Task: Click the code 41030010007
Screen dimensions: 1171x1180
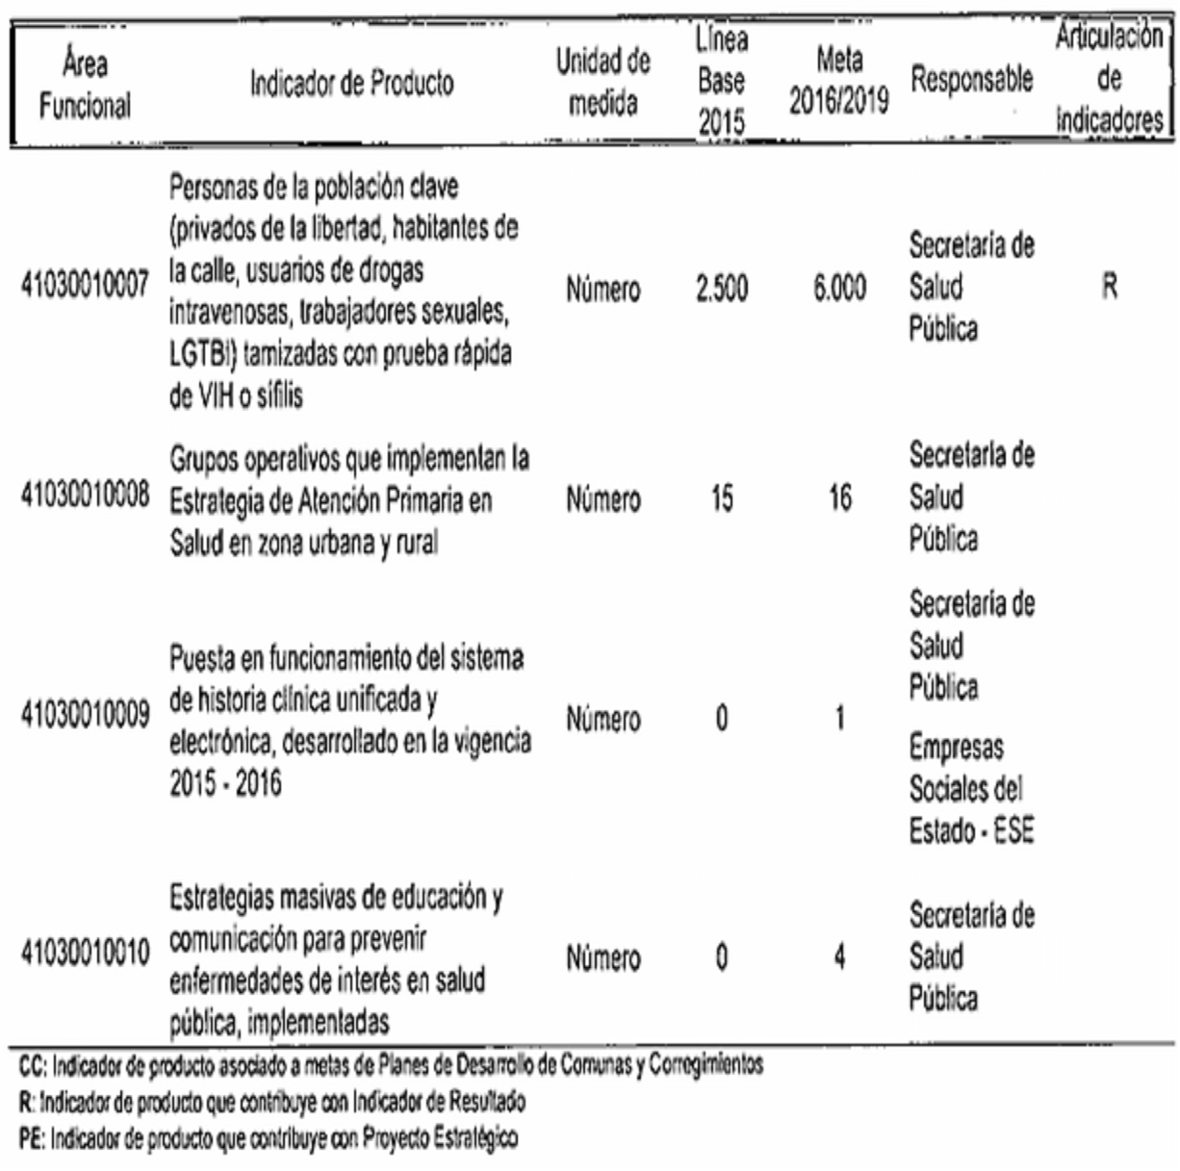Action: coord(85,287)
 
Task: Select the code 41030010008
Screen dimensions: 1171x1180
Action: coord(85,497)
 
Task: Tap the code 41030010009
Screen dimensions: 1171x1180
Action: coord(85,717)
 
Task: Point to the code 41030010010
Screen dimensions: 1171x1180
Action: coord(85,955)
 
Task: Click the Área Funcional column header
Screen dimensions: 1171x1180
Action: coord(85,85)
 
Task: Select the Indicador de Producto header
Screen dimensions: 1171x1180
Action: coord(351,85)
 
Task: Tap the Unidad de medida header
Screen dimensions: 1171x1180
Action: coord(603,83)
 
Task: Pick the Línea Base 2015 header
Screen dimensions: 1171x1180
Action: coord(721,83)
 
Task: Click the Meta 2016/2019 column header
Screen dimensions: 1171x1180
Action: coord(839,83)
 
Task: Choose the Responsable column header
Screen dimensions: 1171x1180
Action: coord(971,81)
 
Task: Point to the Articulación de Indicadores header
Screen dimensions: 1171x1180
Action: coord(1109,79)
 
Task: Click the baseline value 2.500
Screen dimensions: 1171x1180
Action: coord(721,289)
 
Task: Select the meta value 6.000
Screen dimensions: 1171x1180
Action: coord(839,289)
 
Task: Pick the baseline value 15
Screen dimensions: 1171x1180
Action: coord(721,499)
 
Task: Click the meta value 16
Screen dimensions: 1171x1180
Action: coord(839,499)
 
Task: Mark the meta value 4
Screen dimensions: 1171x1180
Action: coord(839,958)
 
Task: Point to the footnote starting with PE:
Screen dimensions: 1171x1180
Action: coord(269,1139)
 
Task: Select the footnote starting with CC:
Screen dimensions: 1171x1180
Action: coord(391,1065)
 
